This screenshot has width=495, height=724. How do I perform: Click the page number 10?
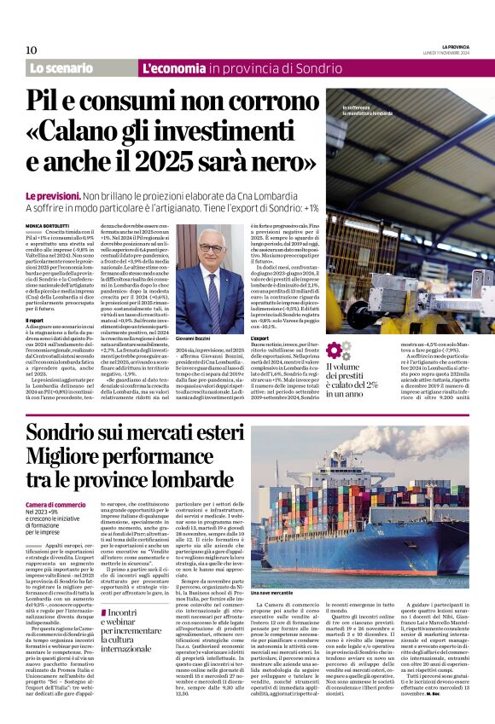(x=31, y=49)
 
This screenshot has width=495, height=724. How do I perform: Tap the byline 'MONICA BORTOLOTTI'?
(x=49, y=224)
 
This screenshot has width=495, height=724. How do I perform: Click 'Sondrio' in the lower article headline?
(x=61, y=434)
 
